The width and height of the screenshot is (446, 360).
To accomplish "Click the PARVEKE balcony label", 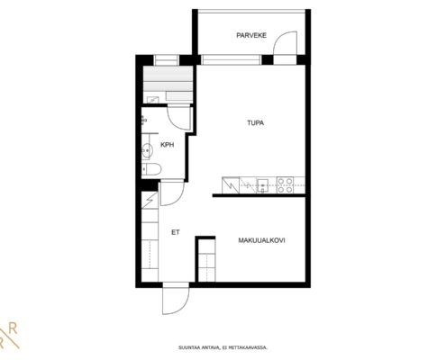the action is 251,35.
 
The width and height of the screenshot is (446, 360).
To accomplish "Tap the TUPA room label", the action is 256,123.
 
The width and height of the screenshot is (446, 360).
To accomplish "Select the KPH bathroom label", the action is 168,145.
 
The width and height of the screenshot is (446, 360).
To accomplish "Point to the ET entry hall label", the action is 176,232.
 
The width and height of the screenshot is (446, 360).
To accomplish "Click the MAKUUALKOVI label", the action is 261,240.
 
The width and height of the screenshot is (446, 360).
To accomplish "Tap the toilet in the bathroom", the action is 151,169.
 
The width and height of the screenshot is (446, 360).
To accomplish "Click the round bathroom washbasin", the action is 147,149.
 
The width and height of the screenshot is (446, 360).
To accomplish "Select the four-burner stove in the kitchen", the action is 286,185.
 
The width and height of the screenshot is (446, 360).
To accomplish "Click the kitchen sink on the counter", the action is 263,185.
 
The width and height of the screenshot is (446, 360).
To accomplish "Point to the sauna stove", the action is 153,100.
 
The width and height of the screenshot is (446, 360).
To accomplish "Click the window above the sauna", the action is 167,60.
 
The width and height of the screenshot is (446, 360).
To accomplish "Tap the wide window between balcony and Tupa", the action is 231,59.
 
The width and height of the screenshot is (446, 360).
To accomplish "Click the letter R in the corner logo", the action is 13,329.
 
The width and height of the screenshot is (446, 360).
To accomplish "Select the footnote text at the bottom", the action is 223,347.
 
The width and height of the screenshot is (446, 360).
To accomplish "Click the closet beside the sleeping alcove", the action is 207,260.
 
